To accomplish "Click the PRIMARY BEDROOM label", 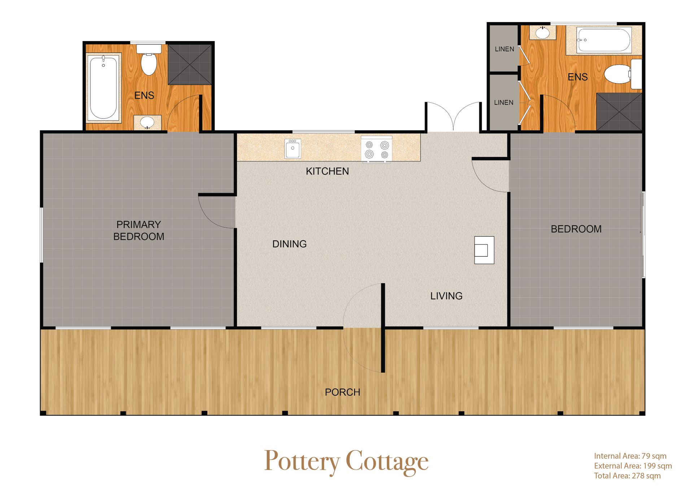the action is coord(139,230).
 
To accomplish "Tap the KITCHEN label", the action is coord(327,171).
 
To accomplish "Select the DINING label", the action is coord(289,244).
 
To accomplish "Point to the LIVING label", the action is coord(446,296).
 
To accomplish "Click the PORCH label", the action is coord(343,392).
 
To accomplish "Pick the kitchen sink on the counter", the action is coord(293,149).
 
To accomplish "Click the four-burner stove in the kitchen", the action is coord(376,149).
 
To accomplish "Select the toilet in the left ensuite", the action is coord(149,60).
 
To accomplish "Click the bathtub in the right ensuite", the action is coord(603,40).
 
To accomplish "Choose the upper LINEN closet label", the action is coord(505,49).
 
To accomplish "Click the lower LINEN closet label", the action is coord(504,103).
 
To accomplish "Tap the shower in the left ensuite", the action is coord(190,64).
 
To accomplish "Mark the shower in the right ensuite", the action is coord(619,112).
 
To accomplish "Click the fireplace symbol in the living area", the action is coord(484,250).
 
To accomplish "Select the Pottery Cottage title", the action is coord(346,462).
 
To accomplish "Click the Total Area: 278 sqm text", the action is coord(627,476).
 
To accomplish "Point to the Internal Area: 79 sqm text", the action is coord(630,456).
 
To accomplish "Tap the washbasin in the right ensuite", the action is coord(542,32).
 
